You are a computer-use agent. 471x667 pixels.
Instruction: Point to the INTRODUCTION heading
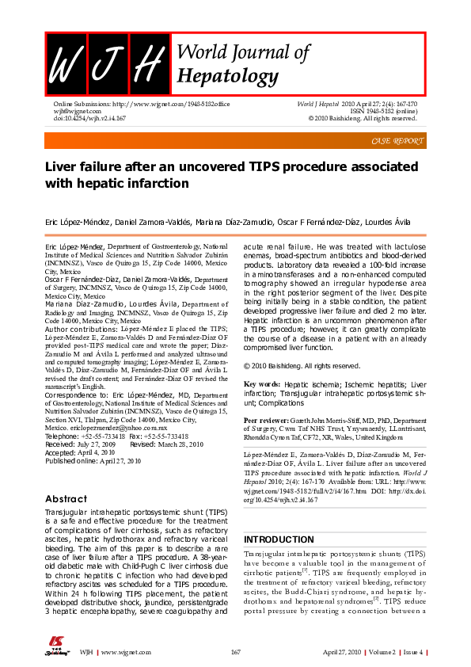click(279, 539)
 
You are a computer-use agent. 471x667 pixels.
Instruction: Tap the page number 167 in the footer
click(235, 651)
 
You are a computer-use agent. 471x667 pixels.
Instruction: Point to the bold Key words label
click(262, 382)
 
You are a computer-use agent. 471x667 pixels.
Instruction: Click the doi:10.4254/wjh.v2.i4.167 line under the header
click(89, 119)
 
